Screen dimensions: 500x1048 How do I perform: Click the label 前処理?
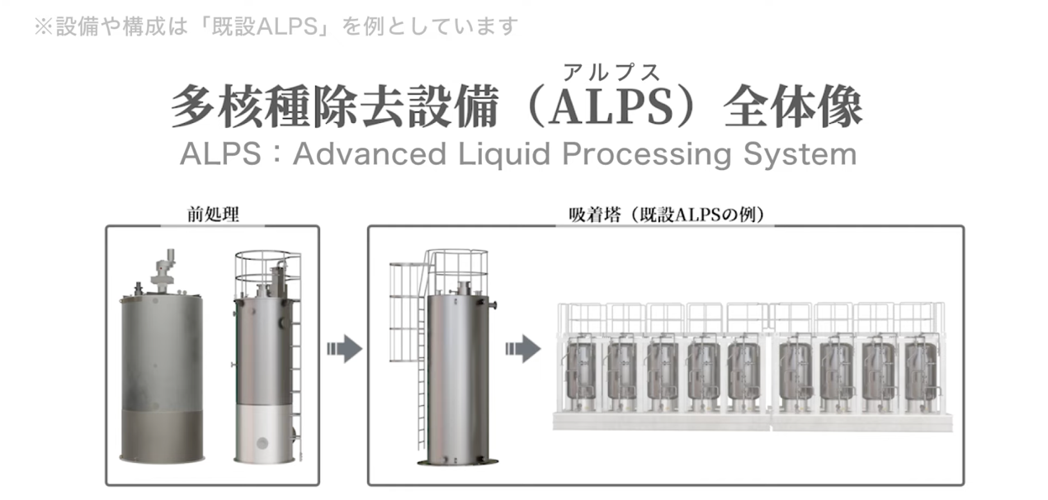coord(213,215)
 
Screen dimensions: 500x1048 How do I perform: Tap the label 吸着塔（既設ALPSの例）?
coord(666,215)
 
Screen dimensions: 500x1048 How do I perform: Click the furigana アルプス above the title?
coord(611,73)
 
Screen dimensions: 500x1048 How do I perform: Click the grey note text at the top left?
coord(276,26)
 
